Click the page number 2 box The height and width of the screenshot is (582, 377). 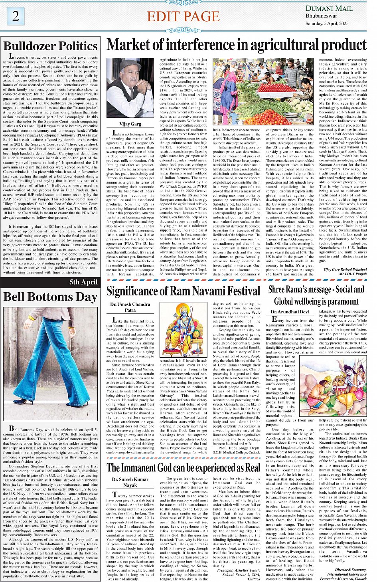click(x=16, y=16)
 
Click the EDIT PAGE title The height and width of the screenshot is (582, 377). click(x=183, y=16)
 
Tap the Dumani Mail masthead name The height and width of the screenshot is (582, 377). click(x=329, y=8)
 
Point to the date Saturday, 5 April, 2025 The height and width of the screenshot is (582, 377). click(x=327, y=23)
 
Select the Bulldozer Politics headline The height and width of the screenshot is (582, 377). click(x=51, y=46)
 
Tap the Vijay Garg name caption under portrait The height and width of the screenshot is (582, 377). click(x=130, y=124)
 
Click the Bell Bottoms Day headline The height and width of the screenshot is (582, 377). click(x=50, y=297)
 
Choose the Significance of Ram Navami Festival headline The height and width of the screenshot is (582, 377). click(x=183, y=291)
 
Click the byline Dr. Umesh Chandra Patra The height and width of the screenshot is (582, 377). click(x=130, y=307)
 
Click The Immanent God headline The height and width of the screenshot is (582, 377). click(x=183, y=467)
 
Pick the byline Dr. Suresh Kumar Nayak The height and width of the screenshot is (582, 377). click(x=130, y=482)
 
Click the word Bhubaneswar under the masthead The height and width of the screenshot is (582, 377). click(x=321, y=16)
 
